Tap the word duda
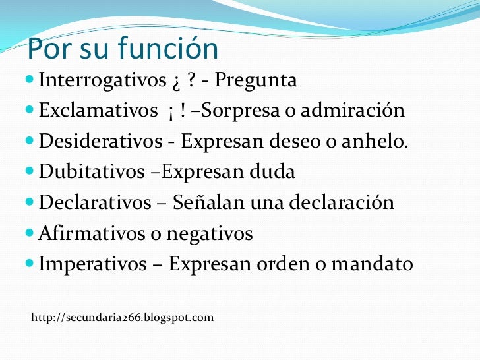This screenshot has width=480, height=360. pyautogui.click(x=272, y=173)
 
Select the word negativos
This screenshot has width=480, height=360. pyautogui.click(x=218, y=234)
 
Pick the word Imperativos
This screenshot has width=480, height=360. pyautogui.click(x=93, y=264)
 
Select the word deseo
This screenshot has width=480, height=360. pyautogui.click(x=292, y=142)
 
